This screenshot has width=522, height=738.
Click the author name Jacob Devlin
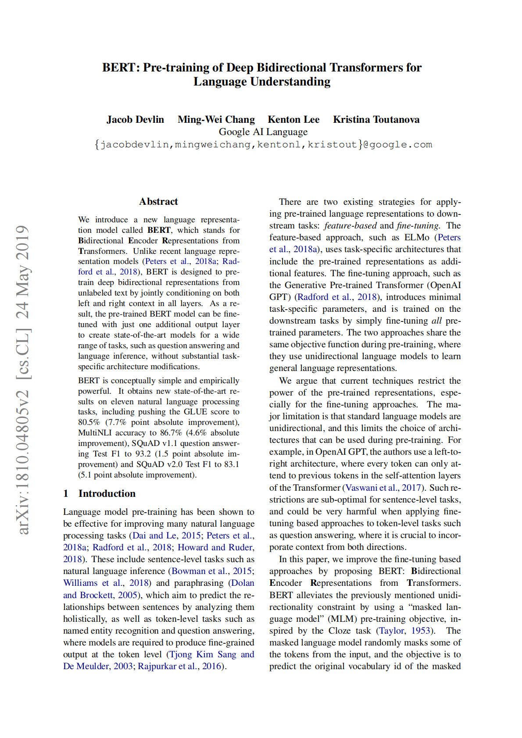coord(135,120)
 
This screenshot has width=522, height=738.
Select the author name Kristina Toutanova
coord(376,120)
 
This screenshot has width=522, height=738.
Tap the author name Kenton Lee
coord(293,120)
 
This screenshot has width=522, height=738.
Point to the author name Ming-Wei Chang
coord(216,120)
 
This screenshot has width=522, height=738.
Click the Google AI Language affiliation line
coord(263,132)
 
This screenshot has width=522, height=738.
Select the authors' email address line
coord(263,145)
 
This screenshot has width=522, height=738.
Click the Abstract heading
coord(158,202)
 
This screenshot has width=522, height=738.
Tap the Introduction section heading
coord(107,494)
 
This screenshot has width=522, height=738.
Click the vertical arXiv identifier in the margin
coord(23,380)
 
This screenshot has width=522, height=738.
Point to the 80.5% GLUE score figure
coord(89,422)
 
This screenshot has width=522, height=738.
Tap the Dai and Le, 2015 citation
coord(167,536)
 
